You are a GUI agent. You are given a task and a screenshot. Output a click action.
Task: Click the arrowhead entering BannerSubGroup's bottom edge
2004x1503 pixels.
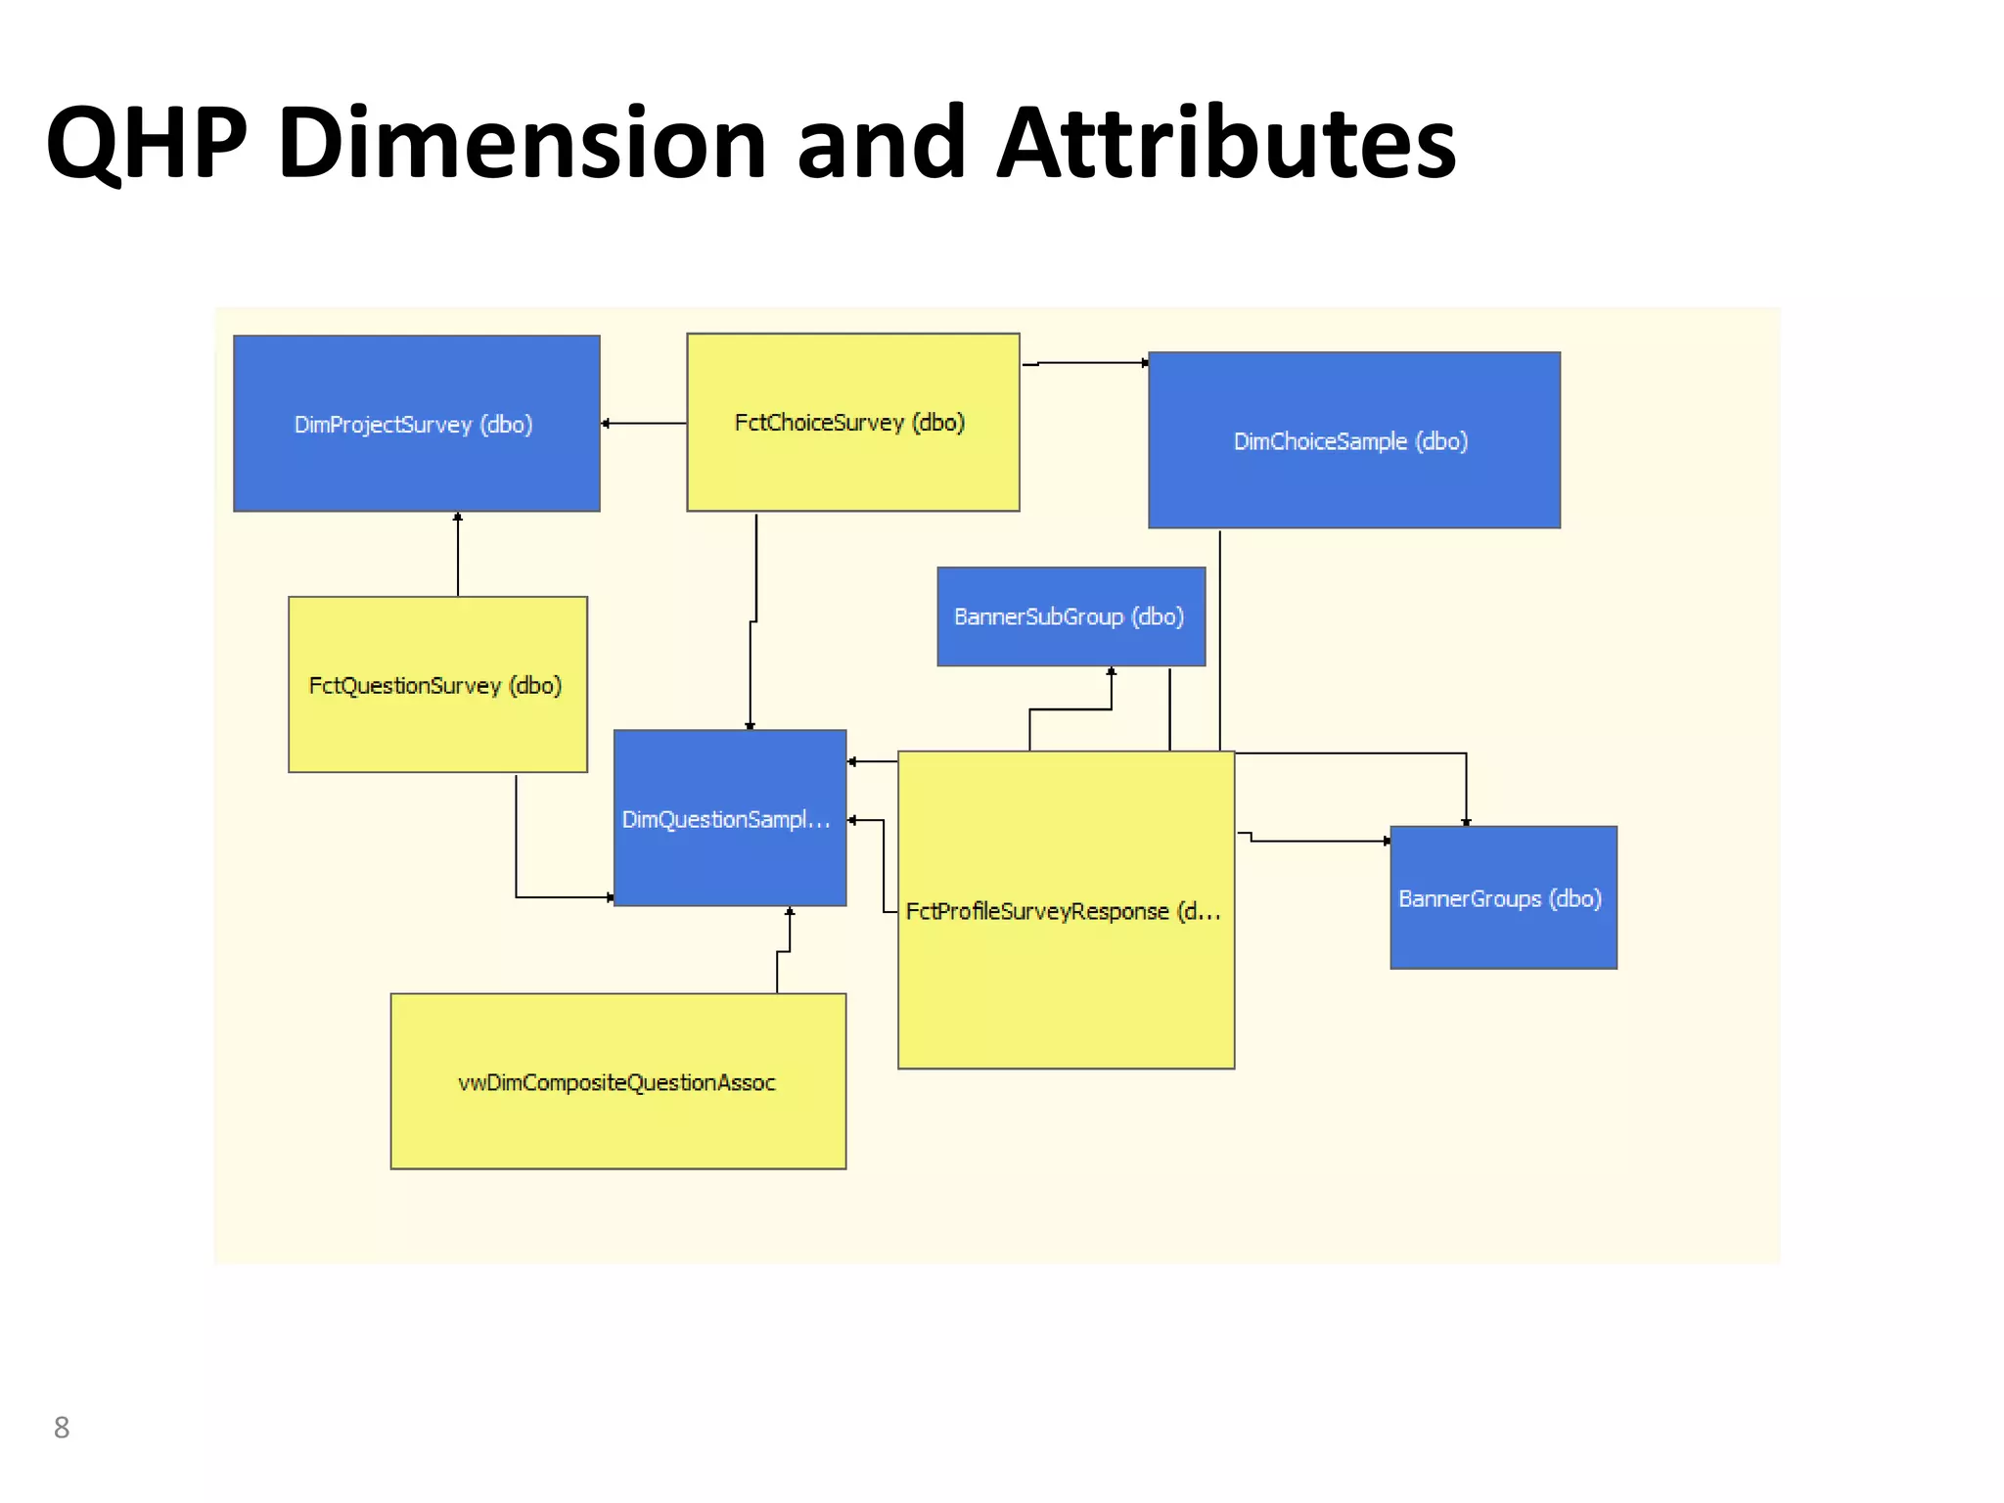pos(1112,672)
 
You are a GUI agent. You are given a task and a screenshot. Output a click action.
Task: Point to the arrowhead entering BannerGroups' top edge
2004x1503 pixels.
pos(1466,821)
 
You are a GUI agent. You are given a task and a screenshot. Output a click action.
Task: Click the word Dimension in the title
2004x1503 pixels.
pos(522,144)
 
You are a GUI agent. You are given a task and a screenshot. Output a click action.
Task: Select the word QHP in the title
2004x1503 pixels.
pos(146,144)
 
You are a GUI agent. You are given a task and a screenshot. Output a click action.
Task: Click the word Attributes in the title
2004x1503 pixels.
pos(1226,144)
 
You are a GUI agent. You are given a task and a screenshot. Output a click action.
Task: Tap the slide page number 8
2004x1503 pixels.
pos(62,1428)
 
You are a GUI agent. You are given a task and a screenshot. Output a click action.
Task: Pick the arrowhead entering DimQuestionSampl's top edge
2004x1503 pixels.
pos(751,725)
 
